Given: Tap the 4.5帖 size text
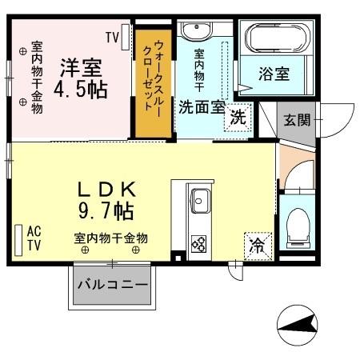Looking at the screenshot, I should tap(80, 89).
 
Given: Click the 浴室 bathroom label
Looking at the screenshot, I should tap(273, 74).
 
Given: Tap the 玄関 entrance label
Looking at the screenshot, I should tap(294, 121).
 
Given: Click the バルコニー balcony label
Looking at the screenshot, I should tap(112, 285).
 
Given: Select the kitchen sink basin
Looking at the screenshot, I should tap(199, 200).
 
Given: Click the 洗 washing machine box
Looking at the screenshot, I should tap(238, 117).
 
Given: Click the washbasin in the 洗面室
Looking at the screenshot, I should tap(194, 33).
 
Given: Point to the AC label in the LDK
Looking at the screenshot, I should tap(34, 231).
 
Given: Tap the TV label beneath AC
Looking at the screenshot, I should tap(34, 246).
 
